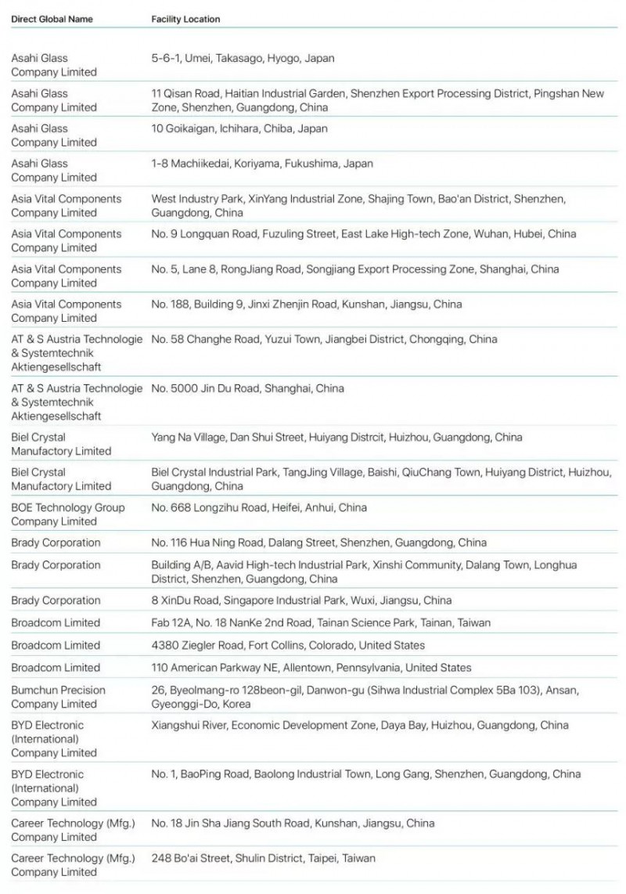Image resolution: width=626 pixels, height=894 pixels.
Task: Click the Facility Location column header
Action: click(x=185, y=19)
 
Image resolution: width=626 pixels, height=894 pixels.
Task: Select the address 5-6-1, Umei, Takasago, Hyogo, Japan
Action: click(x=243, y=58)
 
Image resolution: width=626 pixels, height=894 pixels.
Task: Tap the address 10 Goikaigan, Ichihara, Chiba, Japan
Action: click(x=239, y=128)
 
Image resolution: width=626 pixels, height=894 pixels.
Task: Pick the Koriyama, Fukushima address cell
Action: click(x=262, y=164)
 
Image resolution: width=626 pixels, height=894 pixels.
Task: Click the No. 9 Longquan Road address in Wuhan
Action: click(x=364, y=234)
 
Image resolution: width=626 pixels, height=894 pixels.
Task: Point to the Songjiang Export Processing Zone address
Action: click(x=355, y=269)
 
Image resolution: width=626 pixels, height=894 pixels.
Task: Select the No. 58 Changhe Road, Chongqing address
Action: click(x=324, y=340)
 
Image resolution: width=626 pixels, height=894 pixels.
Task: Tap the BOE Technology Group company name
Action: click(x=67, y=514)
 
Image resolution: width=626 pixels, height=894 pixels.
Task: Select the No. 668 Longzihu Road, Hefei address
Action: click(x=259, y=507)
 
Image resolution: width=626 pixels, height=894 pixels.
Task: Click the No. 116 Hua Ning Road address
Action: click(x=318, y=543)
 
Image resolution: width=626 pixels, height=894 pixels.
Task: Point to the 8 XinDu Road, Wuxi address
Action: click(x=301, y=600)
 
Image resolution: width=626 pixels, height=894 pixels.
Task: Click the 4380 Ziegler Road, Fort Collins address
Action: click(x=288, y=645)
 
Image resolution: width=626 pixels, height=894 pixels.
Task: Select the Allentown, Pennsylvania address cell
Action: click(x=311, y=668)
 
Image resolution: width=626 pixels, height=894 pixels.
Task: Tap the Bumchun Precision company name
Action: click(x=58, y=697)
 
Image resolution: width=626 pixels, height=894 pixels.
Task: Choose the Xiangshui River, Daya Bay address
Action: click(x=360, y=725)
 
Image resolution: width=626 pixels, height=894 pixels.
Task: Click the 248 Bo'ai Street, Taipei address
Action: click(x=263, y=858)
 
